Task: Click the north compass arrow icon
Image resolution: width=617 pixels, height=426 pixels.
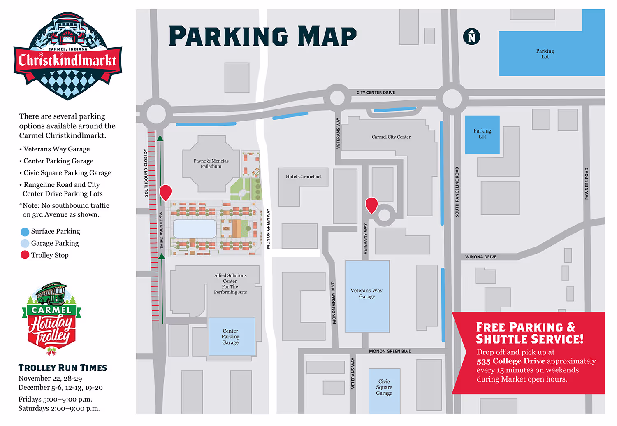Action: coord(471,37)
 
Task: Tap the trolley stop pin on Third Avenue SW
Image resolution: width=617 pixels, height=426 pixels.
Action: coord(165,192)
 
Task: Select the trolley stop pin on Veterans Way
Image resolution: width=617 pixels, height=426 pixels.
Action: coord(371,205)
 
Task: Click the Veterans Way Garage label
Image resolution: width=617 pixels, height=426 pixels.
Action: coord(366,293)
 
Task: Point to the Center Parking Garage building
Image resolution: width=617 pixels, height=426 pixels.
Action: coord(232,336)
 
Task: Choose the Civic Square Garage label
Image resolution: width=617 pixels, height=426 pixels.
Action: coord(384,387)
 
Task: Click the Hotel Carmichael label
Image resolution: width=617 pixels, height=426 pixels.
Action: coord(304,177)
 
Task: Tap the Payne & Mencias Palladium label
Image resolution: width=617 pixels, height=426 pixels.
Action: coord(211,164)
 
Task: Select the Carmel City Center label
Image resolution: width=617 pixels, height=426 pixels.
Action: coord(391,137)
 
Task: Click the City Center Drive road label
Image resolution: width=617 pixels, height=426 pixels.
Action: coord(376,93)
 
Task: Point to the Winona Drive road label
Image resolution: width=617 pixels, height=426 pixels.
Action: coord(480,257)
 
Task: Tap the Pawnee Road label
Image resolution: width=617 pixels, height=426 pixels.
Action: coord(587,184)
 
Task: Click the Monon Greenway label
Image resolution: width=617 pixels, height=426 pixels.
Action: coord(268,228)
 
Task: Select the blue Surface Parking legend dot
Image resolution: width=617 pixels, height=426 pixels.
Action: coord(25,232)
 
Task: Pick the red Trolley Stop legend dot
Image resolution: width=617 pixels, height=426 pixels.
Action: coord(25,255)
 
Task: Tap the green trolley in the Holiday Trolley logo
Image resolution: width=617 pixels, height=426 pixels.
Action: coord(51,293)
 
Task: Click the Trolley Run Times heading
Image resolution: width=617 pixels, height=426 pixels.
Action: coord(63,368)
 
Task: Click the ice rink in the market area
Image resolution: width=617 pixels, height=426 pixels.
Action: coord(195,228)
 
